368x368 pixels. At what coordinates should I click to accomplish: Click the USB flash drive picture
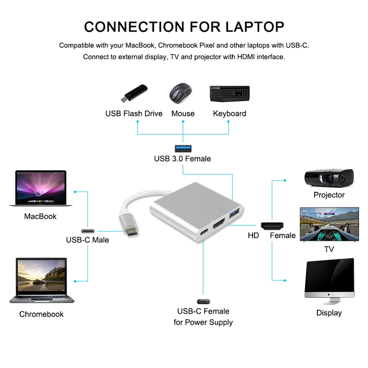[x=134, y=94]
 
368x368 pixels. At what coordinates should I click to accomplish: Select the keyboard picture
[x=230, y=93]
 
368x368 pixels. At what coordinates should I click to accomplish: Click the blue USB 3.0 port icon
[x=183, y=148]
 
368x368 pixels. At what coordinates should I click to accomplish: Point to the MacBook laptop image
[x=41, y=189]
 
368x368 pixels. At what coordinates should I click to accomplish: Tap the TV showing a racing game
[x=329, y=224]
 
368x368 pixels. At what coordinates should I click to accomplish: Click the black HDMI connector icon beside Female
[x=272, y=225]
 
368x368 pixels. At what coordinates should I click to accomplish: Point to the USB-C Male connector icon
[x=88, y=230]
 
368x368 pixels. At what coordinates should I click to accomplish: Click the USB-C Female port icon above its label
[x=203, y=301]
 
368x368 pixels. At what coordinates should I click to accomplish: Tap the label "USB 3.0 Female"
[x=182, y=159]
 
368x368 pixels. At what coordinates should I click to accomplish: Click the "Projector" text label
[x=329, y=195]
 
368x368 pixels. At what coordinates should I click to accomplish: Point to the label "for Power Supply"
[x=203, y=322]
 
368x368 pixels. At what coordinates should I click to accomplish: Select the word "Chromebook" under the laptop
[x=41, y=314]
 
